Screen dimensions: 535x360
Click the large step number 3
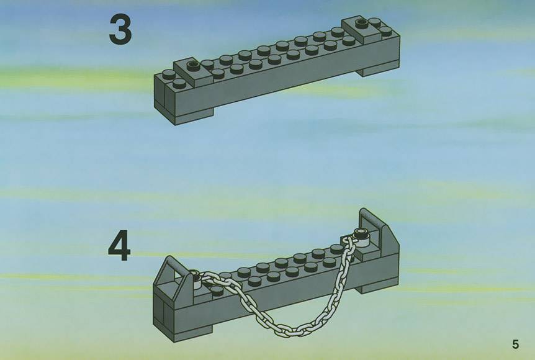point(120,30)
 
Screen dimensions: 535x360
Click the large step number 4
point(119,246)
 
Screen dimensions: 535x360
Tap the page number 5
point(515,344)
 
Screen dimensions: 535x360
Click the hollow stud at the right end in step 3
point(361,24)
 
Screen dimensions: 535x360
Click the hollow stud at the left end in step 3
point(193,65)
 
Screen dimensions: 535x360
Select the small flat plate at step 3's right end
point(362,29)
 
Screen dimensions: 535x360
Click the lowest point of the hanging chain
point(289,330)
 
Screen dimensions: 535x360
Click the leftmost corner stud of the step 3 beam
point(168,74)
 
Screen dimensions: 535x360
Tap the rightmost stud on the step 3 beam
point(385,30)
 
